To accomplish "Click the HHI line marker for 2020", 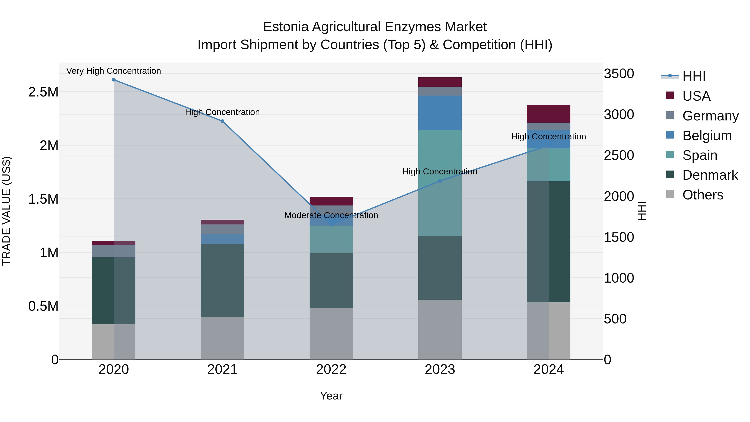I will [114, 80].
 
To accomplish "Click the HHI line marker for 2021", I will [222, 121].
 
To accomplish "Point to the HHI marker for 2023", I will [440, 181].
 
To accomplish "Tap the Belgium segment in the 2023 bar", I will [440, 113].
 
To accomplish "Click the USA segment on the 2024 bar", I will [549, 114].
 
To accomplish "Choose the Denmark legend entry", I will [710, 175].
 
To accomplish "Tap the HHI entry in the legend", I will [694, 76].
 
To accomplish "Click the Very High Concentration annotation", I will [114, 71].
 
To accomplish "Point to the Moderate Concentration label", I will [331, 215].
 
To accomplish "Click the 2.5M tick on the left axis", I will [43, 92].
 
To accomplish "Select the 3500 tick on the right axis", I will [619, 74].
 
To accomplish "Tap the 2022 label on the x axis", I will [331, 369].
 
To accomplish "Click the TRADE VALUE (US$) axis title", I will [6, 211].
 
